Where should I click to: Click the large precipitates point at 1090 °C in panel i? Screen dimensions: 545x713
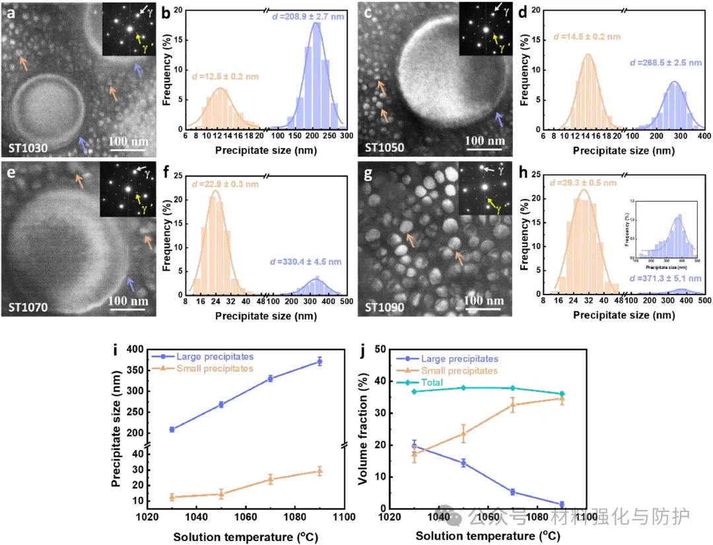click(x=320, y=361)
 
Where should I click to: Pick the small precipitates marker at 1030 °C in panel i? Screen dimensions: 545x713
click(x=172, y=497)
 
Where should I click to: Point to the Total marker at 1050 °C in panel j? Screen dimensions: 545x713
click(x=463, y=387)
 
